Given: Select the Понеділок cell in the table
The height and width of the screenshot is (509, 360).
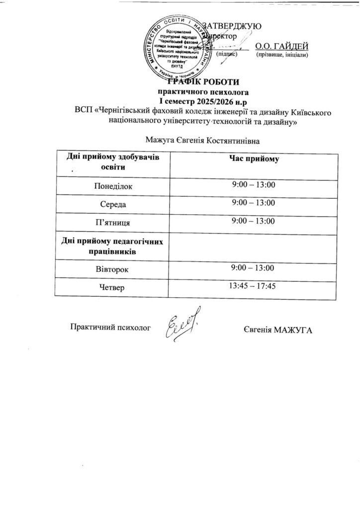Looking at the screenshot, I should [113, 187].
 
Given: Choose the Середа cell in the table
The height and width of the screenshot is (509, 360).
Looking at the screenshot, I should [113, 204].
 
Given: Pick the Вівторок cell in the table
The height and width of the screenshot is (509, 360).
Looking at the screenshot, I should [113, 269].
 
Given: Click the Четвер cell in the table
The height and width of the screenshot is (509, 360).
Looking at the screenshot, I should [113, 287].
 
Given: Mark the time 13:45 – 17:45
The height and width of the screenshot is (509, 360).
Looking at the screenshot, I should [252, 286].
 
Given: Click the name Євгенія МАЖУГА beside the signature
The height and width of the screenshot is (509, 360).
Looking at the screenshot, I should [277, 331].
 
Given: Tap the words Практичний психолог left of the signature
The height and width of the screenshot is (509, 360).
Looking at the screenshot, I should [110, 328].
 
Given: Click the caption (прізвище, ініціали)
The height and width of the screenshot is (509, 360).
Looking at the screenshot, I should [282, 55].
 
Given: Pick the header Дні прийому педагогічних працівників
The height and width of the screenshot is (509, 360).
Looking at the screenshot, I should [113, 246].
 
